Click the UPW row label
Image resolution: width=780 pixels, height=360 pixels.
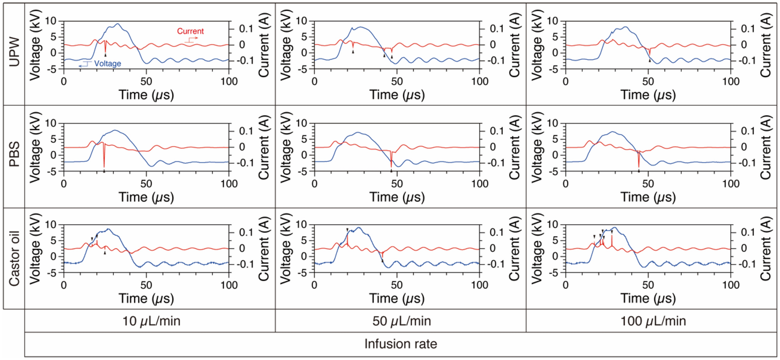pos(14,52)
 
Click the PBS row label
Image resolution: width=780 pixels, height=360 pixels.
pos(14,154)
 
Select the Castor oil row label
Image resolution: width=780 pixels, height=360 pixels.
pos(14,259)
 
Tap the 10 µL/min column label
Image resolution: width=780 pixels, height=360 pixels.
pos(151,321)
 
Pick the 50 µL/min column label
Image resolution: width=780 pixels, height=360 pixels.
pos(401,321)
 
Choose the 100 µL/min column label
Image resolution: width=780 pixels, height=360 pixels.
pos(653,321)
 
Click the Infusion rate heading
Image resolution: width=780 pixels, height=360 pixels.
pos(401,344)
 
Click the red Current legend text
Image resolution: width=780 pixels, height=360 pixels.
pos(190,31)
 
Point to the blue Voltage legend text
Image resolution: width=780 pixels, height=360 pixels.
pos(107,63)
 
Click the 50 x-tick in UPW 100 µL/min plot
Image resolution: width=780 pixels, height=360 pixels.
pos(648,82)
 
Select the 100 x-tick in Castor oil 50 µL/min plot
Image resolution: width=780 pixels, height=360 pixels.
pos(479,285)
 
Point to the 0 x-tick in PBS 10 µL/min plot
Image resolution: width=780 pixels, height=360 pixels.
pos(64,183)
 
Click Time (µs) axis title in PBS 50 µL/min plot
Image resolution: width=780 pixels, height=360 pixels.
pos(397,197)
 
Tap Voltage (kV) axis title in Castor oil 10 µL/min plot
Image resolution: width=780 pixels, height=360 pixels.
pos(35,248)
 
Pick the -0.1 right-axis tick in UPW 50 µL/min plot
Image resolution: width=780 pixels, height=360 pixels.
pos(493,61)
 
